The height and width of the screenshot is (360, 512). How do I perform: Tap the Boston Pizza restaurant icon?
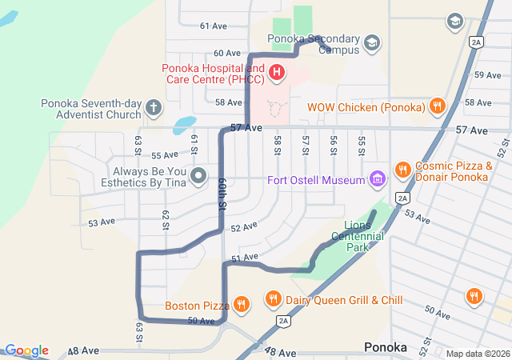[x=241, y=304]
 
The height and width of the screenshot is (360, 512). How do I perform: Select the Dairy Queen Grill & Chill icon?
[x=273, y=299]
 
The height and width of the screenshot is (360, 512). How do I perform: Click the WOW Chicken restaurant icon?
[x=437, y=105]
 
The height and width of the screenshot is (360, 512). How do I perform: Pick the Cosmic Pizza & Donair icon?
[x=402, y=170]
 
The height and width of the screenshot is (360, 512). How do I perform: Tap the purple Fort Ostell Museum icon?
[x=377, y=179]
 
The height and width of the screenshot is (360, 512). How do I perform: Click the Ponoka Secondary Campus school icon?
[x=371, y=42]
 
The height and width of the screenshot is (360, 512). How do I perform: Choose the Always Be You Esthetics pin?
[x=199, y=174]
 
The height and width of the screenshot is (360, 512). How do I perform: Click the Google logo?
[x=26, y=350]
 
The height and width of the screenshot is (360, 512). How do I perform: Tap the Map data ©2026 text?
[x=476, y=354]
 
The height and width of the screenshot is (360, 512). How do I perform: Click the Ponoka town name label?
[x=385, y=347]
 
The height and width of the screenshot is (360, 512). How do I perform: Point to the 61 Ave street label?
[x=214, y=26]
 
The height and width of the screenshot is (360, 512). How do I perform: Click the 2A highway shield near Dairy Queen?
[x=283, y=321]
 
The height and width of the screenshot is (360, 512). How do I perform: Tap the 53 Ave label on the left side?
[x=102, y=222]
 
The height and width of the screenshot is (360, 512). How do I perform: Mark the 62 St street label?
[x=166, y=218]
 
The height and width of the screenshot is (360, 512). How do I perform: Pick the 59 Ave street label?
[x=488, y=74]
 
